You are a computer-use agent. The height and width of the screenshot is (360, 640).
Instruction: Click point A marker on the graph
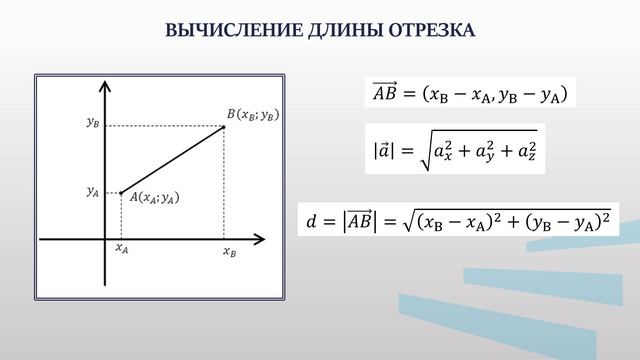121,192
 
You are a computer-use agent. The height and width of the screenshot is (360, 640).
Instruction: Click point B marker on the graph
223,126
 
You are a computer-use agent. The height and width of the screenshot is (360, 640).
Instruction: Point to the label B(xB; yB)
252,115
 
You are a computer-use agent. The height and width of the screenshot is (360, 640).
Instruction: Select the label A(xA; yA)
154,199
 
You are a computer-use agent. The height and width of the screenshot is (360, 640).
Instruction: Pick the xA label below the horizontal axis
122,250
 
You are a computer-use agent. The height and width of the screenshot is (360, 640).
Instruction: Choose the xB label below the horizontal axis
229,253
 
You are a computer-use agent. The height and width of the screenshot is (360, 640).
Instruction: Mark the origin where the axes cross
105,239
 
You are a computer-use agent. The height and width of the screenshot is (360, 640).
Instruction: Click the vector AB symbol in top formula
384,94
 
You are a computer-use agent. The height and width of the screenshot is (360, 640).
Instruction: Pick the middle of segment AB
172,159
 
